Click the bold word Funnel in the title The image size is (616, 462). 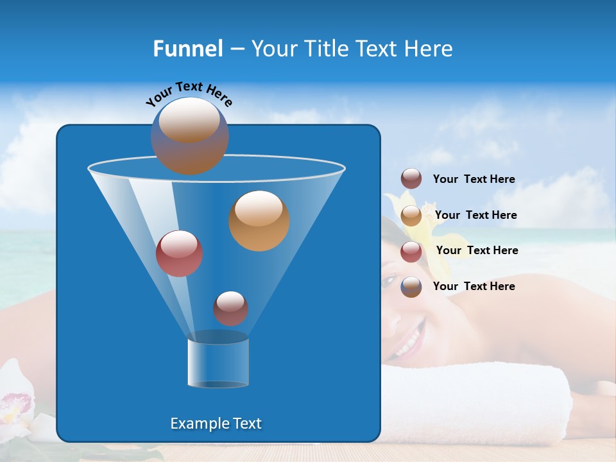point(187,49)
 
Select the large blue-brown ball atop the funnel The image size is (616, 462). point(190,135)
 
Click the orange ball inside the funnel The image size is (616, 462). point(259,220)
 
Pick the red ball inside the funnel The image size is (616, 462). point(179,253)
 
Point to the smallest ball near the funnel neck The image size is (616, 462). point(230,308)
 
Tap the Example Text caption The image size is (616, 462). point(216,424)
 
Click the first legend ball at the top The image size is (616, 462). point(411,179)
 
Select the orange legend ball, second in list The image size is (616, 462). point(411,216)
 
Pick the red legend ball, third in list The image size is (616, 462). point(411,252)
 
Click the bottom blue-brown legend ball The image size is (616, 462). point(411,287)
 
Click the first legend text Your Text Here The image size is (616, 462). point(474,179)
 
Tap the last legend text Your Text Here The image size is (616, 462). point(474,286)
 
